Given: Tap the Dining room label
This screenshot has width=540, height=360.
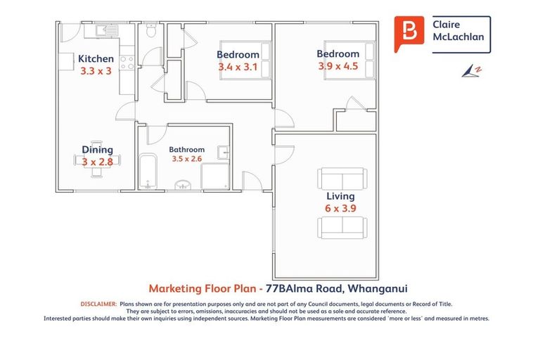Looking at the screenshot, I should [97, 149].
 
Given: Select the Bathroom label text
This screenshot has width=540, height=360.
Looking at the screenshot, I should [186, 149].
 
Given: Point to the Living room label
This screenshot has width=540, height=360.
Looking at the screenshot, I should [340, 196].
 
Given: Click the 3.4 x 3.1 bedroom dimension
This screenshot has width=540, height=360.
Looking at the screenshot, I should [238, 67].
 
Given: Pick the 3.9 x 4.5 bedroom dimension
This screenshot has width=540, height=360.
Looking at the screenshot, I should [337, 67].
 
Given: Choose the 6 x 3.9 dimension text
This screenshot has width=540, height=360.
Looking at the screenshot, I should [340, 209].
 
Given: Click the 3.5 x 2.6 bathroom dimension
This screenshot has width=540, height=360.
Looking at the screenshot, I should [186, 159].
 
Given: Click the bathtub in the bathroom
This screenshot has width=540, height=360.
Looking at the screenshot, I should [148, 171].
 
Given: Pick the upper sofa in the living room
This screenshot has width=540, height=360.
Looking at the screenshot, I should [341, 178].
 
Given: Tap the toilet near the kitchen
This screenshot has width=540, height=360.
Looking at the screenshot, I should [149, 32].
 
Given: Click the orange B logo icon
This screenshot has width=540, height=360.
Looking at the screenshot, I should [409, 33].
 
